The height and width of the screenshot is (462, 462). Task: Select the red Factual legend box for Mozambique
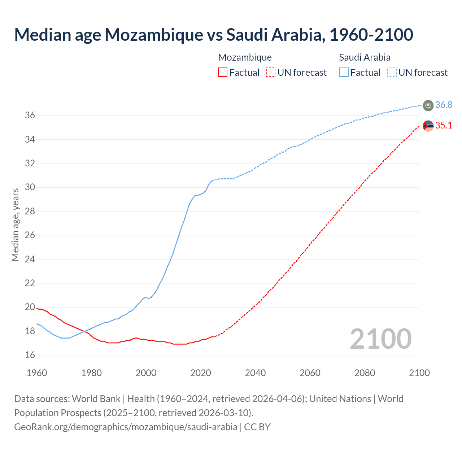223,73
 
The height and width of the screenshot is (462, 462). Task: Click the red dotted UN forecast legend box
271,73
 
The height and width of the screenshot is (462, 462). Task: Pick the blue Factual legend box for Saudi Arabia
344,73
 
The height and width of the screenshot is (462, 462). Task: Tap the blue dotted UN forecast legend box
392,73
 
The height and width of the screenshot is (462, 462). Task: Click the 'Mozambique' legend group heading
245,57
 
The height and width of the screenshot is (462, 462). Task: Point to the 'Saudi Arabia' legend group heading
365,57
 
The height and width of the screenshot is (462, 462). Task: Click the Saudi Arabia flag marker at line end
428,105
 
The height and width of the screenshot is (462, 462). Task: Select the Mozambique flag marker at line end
428,126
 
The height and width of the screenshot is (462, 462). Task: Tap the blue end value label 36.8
444,105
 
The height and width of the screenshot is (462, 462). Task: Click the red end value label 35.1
444,125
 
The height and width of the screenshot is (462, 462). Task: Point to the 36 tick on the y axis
30,115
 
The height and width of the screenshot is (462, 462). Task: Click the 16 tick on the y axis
30,355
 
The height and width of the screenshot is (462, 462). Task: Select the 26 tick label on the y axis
30,235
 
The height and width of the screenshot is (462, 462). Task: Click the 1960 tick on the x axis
37,373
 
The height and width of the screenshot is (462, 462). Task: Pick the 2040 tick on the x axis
255,373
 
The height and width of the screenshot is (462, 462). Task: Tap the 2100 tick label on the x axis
419,373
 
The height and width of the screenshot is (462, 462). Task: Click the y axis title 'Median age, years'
15,225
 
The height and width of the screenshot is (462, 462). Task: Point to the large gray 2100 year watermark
380,339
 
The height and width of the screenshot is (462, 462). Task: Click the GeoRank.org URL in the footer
126,427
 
